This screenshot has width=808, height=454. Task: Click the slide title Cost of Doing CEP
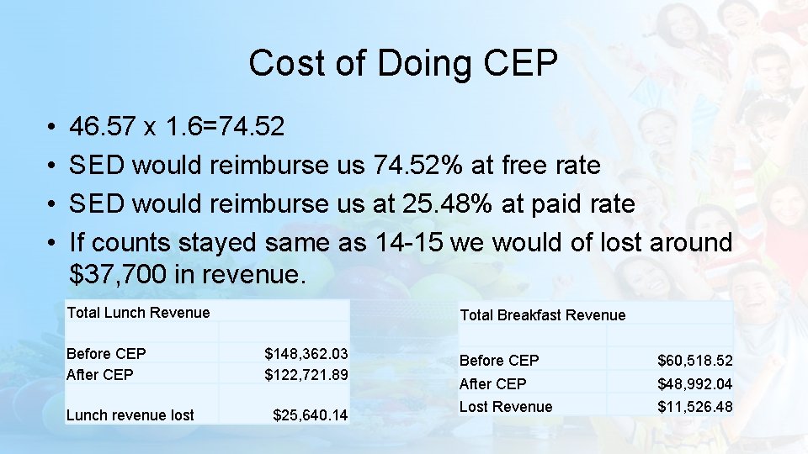pos(403,64)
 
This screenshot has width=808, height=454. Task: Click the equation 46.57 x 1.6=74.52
pos(178,127)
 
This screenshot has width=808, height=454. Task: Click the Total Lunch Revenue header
pos(138,313)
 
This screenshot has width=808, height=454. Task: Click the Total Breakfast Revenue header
pos(542,315)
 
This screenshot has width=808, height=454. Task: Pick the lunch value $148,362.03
pos(306,354)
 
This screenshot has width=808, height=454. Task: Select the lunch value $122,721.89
pos(306,375)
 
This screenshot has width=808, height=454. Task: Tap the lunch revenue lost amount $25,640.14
pos(310,414)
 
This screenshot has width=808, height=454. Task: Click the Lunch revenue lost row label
pos(130,414)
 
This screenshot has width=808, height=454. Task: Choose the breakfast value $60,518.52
pos(694,361)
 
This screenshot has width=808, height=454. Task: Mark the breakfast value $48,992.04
pos(694,384)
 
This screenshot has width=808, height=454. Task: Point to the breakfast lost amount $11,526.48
pos(694,407)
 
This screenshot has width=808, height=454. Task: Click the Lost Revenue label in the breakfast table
pos(506,407)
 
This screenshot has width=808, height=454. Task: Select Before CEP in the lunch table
pos(106,354)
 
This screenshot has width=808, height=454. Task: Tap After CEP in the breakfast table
pos(493,384)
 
